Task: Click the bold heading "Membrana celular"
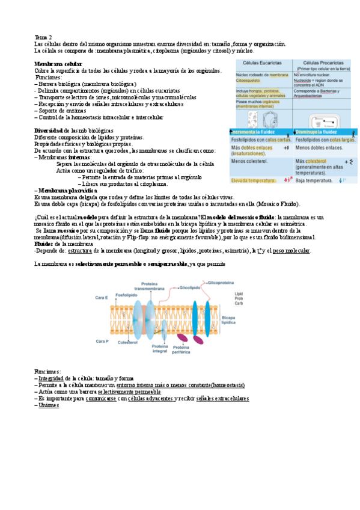coord(58,64)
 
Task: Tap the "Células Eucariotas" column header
coord(261,63)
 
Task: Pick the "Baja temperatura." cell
coord(318,180)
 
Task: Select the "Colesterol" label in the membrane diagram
coord(127,342)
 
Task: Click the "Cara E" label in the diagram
coord(102,298)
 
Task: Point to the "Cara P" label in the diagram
coord(102,340)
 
